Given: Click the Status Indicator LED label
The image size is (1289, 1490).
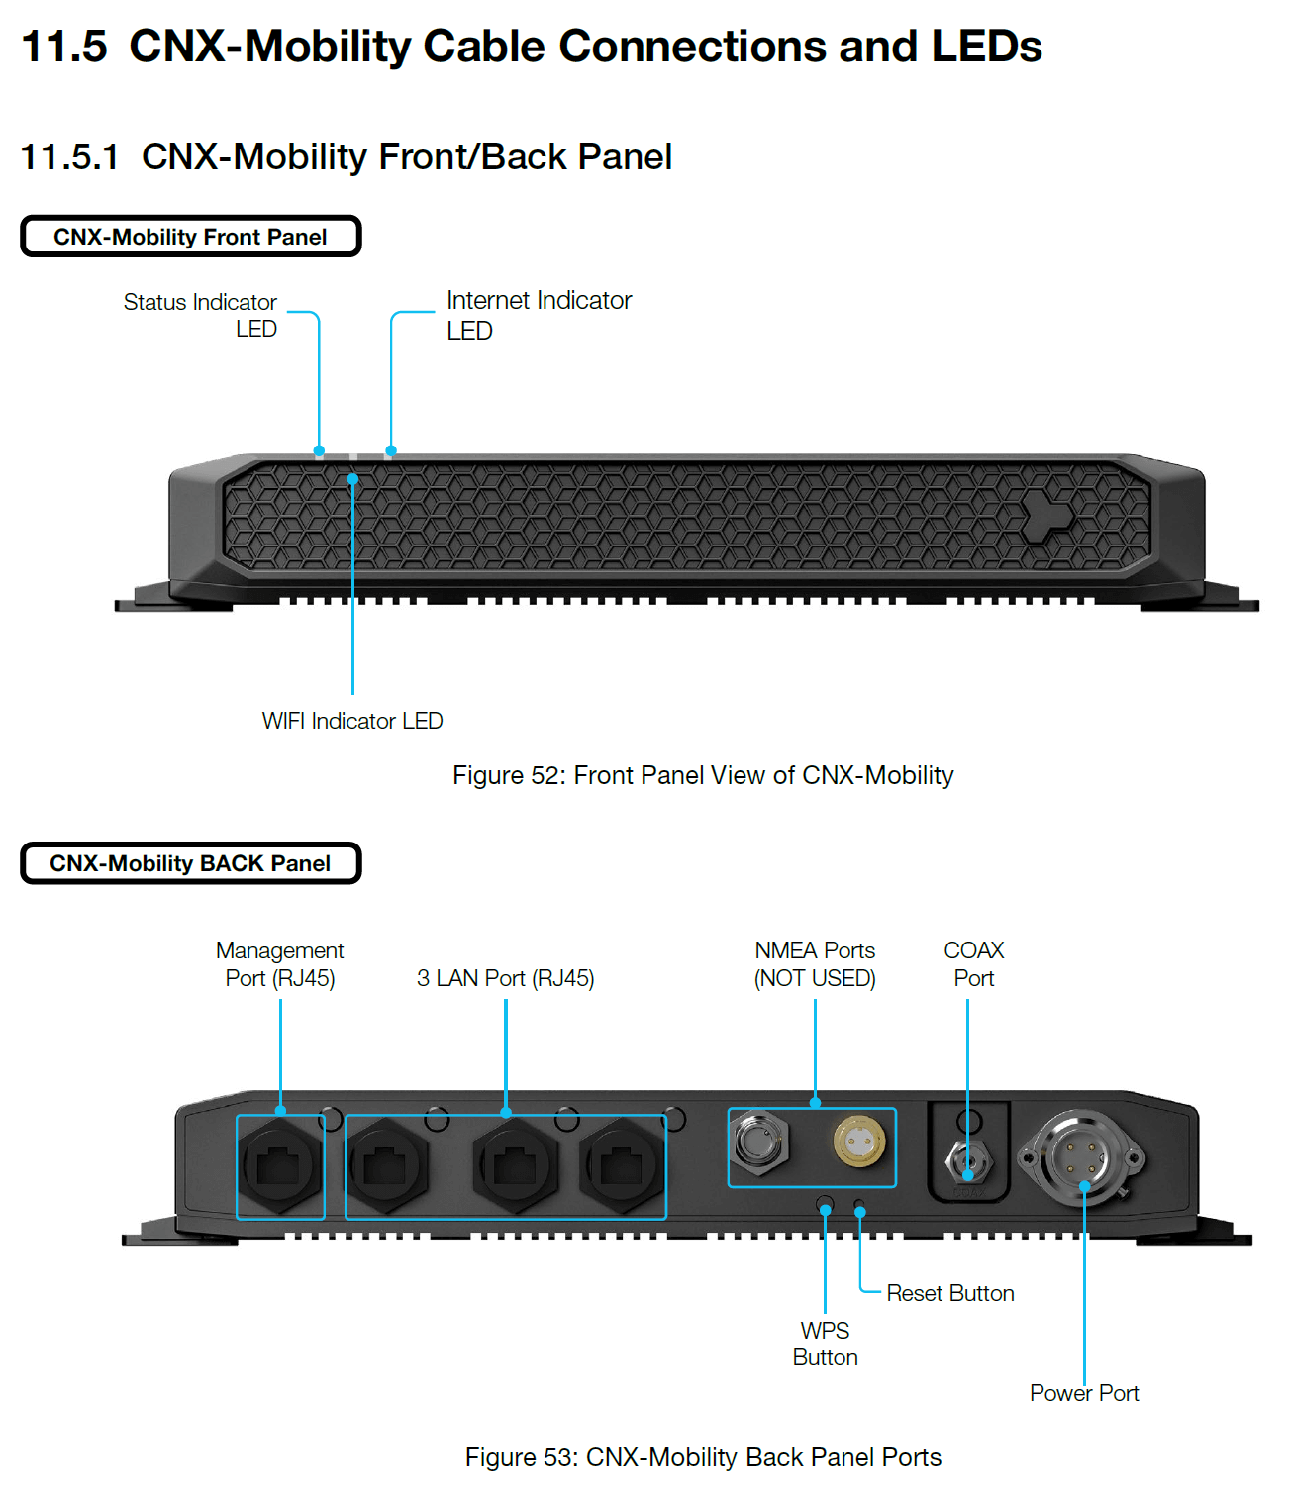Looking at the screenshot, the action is [x=200, y=314].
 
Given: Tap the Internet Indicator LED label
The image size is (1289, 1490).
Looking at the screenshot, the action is [x=539, y=315].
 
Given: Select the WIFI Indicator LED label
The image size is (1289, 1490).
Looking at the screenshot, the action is [x=351, y=720].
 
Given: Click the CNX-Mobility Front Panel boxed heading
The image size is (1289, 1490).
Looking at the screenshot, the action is [x=190, y=236].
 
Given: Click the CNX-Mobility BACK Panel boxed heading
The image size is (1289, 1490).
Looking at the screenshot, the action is [x=190, y=862].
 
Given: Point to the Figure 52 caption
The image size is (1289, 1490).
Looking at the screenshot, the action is [x=702, y=775].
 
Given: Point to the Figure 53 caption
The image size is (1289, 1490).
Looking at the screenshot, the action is [x=702, y=1456].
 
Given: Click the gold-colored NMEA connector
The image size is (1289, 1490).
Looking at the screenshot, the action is [x=858, y=1141].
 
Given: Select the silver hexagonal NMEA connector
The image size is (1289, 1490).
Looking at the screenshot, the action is [x=760, y=1142].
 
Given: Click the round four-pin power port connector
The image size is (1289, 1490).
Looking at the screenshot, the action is [x=1079, y=1157].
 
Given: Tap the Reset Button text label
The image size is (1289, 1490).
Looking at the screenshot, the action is [x=949, y=1292].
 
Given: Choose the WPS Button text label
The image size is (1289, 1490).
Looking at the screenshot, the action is [x=825, y=1342].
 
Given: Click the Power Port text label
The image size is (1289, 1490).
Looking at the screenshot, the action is [x=1083, y=1392].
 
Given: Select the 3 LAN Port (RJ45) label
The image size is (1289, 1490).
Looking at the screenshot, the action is [x=505, y=977].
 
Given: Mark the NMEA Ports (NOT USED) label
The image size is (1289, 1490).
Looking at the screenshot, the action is [x=815, y=963].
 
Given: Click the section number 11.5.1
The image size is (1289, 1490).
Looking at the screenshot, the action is [x=69, y=156].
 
